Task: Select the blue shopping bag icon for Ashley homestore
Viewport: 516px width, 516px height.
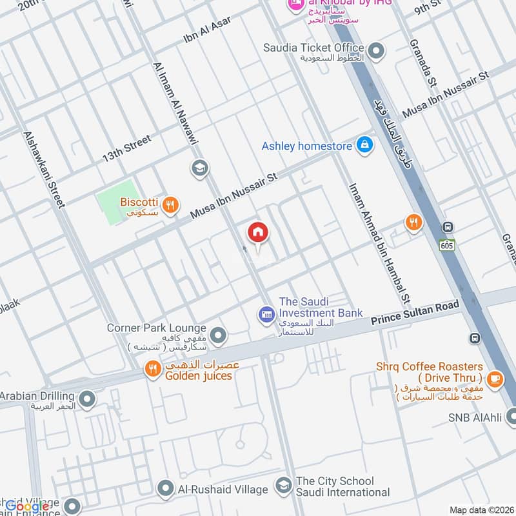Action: (x=364, y=146)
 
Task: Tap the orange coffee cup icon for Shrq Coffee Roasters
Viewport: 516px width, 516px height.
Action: (x=495, y=379)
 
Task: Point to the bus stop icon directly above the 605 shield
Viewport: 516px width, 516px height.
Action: (x=448, y=227)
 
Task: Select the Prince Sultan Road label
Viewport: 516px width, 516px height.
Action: (x=415, y=312)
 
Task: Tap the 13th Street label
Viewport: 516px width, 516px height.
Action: (x=126, y=149)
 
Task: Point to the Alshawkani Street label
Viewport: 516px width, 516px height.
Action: (x=44, y=170)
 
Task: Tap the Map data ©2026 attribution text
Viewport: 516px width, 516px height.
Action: (x=481, y=510)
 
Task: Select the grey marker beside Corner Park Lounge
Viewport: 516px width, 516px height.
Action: (x=219, y=335)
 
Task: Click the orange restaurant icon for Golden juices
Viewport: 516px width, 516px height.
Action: (x=152, y=370)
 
